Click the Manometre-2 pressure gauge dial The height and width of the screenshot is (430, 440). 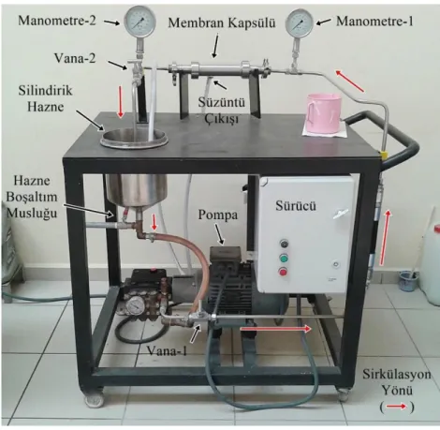coord(139,22)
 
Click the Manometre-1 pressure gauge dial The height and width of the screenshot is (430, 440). coord(300,23)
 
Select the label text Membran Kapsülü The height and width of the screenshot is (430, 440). coord(222,22)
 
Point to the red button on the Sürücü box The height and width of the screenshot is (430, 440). coord(284,273)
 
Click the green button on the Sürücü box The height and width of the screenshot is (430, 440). coord(284,259)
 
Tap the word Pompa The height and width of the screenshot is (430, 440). coord(218,215)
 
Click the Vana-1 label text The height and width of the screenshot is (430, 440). coord(167,351)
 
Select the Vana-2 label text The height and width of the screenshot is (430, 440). coord(75,58)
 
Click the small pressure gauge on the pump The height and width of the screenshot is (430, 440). coord(135,305)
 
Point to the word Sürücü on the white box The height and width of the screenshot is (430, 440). coord(296,205)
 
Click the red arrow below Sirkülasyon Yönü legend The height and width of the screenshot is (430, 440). coord(396,407)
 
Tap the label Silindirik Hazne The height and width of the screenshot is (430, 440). coord(46,98)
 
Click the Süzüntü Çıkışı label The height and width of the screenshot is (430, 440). coord(222,111)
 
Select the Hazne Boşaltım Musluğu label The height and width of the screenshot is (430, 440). coord(33,197)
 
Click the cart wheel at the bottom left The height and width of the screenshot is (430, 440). coord(93,399)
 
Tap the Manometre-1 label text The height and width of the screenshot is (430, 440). coord(374,22)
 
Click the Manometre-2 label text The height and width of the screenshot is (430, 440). coord(57,21)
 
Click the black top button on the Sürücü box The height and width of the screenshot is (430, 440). coord(284,244)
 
